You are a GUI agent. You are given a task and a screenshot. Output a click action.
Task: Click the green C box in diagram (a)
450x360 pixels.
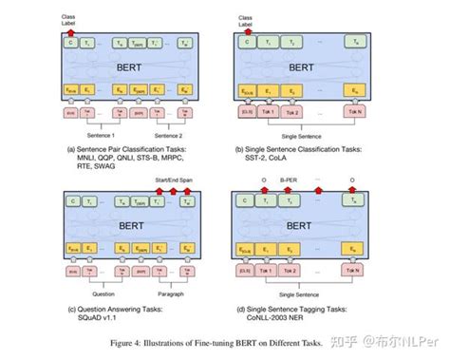[x=69, y=43]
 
